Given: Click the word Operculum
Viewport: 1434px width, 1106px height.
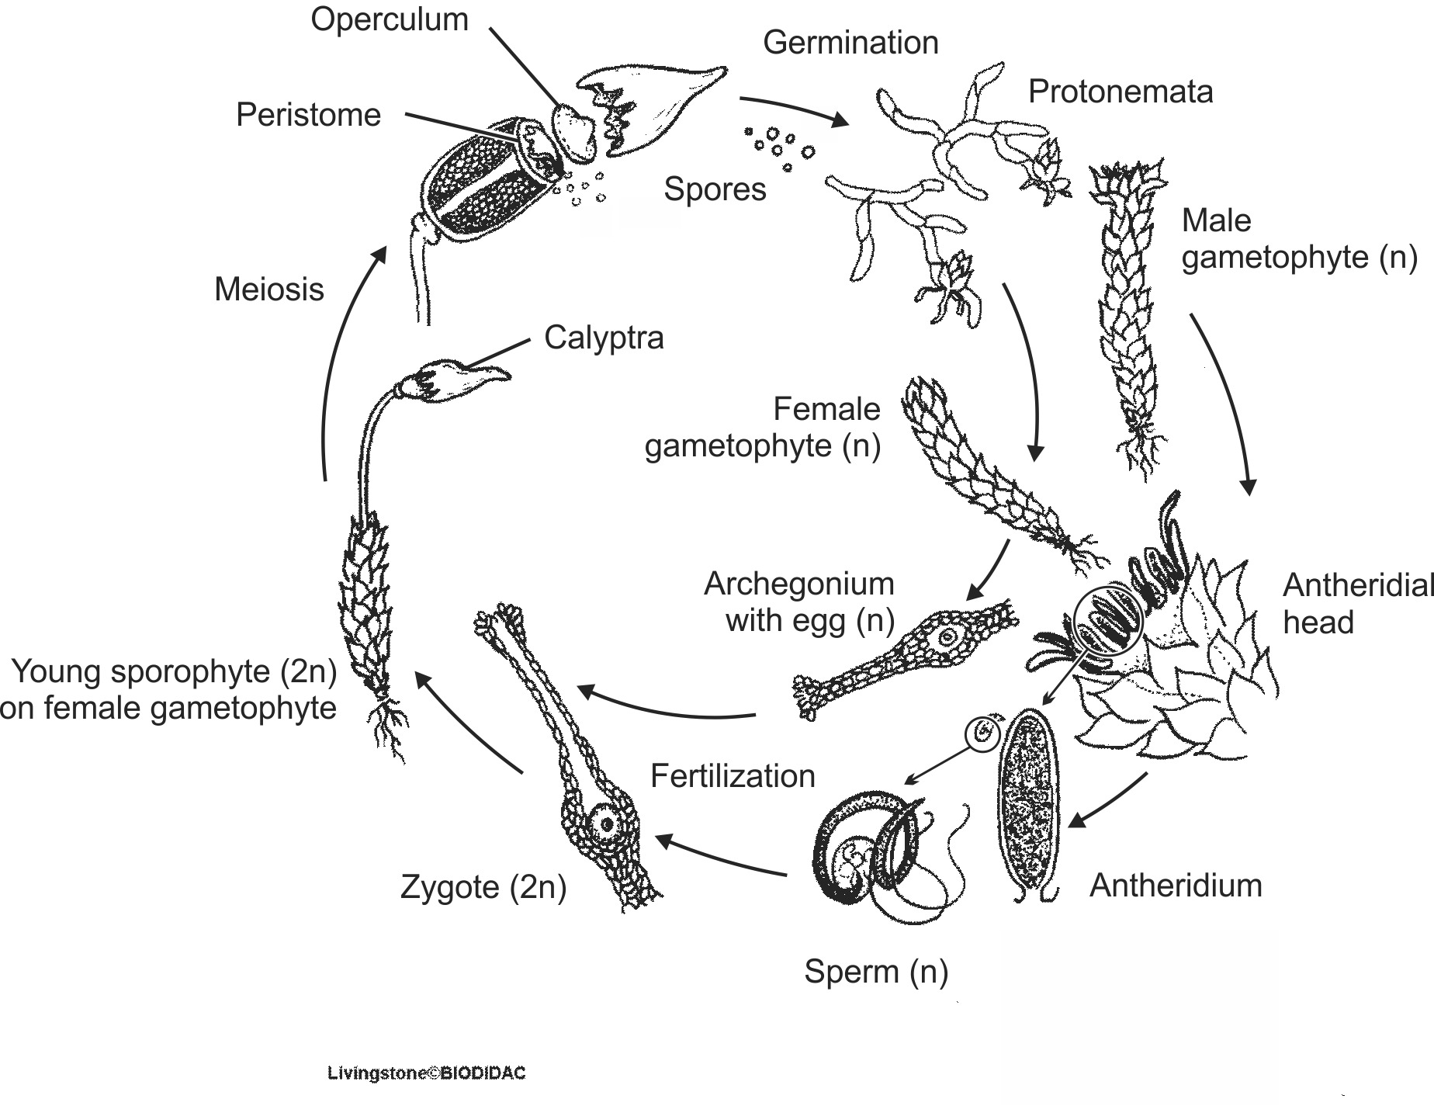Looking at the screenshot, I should (x=390, y=20).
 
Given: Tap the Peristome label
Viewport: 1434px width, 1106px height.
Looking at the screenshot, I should (x=308, y=116).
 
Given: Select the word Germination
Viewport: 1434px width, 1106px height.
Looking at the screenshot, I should (x=850, y=43).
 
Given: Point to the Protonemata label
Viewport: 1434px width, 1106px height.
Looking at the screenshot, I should (x=1120, y=92).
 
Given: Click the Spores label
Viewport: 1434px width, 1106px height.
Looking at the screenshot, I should (x=715, y=189).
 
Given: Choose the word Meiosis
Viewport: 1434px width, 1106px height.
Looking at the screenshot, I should (x=268, y=290).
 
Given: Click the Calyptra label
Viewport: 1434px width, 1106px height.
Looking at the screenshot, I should (x=604, y=338).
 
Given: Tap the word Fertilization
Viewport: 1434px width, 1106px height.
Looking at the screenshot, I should (x=733, y=776).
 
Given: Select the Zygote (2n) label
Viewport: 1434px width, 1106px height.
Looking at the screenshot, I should (x=483, y=887).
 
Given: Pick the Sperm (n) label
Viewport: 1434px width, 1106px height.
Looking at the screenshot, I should (x=876, y=972).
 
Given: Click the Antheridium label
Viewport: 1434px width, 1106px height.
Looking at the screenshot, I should (x=1176, y=886).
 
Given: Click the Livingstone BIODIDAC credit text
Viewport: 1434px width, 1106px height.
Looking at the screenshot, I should (x=427, y=1073).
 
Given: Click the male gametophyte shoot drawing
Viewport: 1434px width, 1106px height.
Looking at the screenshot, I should (x=1129, y=310).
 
